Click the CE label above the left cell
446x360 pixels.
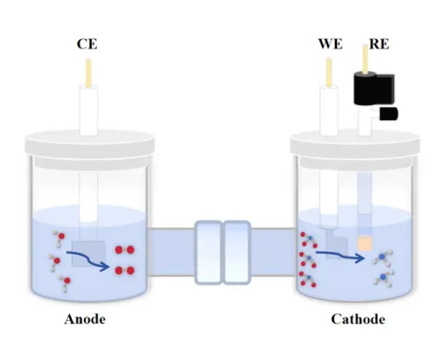point(89,44)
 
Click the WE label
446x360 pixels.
point(329,44)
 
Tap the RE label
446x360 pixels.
point(379,44)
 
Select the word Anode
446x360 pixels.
point(85,320)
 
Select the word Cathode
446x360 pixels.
point(357,320)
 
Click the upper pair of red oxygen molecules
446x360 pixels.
point(124,251)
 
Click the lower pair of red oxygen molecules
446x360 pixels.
point(124,270)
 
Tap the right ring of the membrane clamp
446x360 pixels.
point(237,251)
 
